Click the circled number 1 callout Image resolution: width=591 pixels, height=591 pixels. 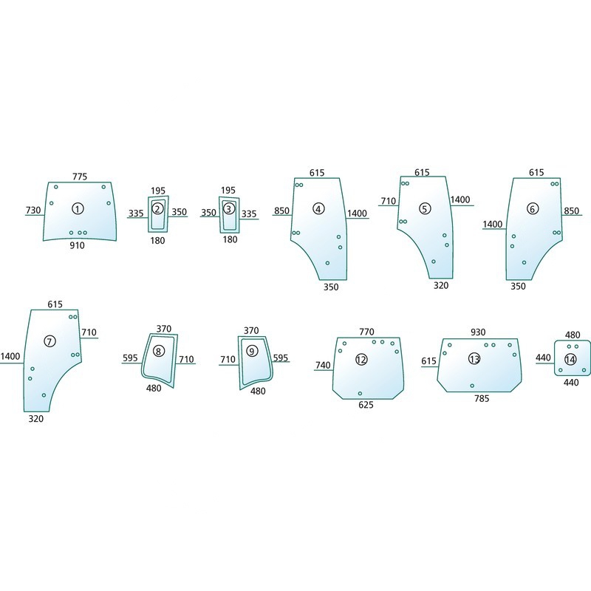[x=78, y=208]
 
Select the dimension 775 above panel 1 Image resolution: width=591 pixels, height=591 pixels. [x=80, y=177]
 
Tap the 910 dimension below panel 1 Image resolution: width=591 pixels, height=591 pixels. [x=77, y=245]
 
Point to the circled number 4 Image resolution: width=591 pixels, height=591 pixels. [x=318, y=209]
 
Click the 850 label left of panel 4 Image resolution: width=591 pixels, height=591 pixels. [x=281, y=211]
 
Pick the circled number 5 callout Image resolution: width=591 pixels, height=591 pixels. [x=425, y=209]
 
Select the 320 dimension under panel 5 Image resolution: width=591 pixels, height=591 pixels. [x=441, y=285]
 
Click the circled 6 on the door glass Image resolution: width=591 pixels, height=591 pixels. [x=532, y=209]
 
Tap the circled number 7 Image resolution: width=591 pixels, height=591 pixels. [x=49, y=341]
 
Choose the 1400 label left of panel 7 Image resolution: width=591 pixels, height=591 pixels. [x=10, y=356]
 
